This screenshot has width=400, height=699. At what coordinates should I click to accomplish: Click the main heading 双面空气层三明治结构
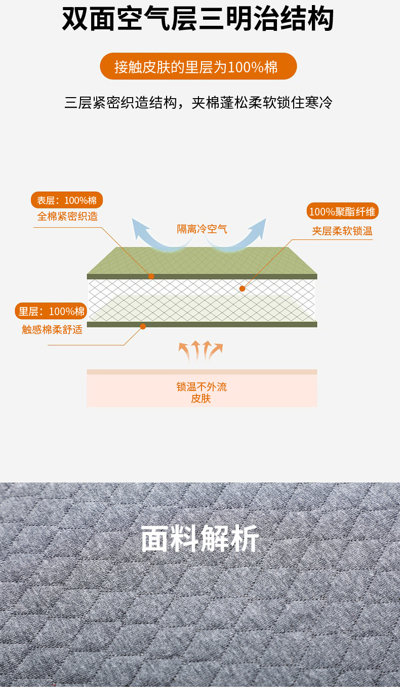tap(198, 20)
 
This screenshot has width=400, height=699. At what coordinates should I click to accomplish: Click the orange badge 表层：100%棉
tap(67, 200)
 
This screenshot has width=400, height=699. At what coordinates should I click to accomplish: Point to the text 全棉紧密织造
tap(67, 216)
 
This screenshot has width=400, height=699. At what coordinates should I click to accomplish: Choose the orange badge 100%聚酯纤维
tap(342, 211)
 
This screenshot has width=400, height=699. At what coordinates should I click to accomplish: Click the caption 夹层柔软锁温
tap(342, 231)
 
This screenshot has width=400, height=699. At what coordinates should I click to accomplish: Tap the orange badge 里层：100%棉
tap(51, 311)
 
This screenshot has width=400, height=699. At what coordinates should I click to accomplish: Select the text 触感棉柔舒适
tap(52, 330)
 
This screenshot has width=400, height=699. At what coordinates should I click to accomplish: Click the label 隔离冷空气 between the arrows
tap(202, 229)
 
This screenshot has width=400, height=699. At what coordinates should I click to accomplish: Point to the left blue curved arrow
tap(152, 235)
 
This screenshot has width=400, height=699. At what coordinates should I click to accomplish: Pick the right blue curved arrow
tap(243, 235)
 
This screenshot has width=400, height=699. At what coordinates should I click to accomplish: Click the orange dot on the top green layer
tap(151, 276)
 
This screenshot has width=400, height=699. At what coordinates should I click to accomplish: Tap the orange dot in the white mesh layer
tap(242, 289)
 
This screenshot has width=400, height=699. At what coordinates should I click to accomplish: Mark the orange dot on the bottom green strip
tap(143, 326)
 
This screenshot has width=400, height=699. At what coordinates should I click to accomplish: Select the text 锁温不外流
tap(202, 387)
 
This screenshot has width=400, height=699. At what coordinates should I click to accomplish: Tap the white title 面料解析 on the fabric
tap(199, 538)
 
